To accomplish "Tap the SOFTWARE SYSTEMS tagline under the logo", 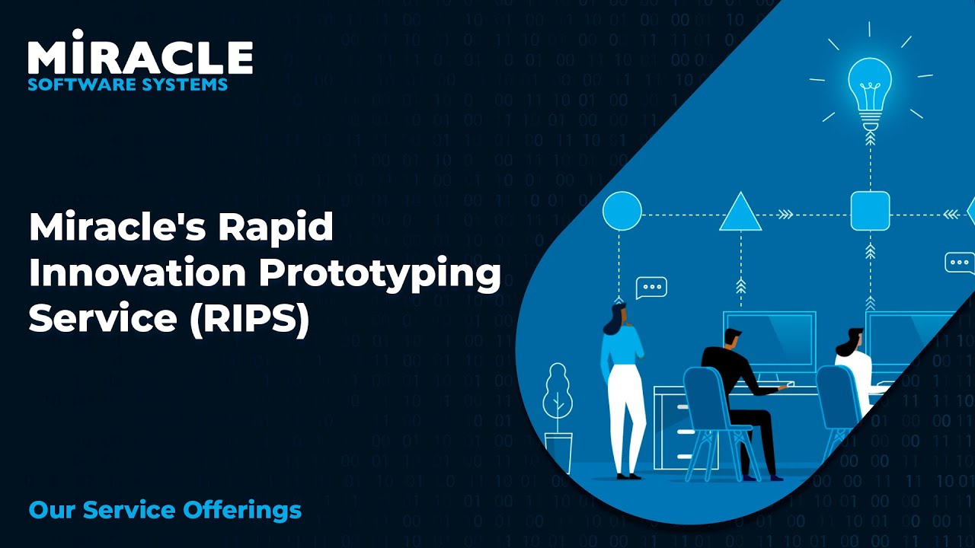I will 127,84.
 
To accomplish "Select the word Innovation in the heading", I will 136,273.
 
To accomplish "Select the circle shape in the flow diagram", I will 622,211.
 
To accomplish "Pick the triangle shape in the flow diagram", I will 740,214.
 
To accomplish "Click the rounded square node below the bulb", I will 870,211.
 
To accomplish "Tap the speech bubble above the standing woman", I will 651,287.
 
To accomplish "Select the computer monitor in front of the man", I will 769,339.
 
